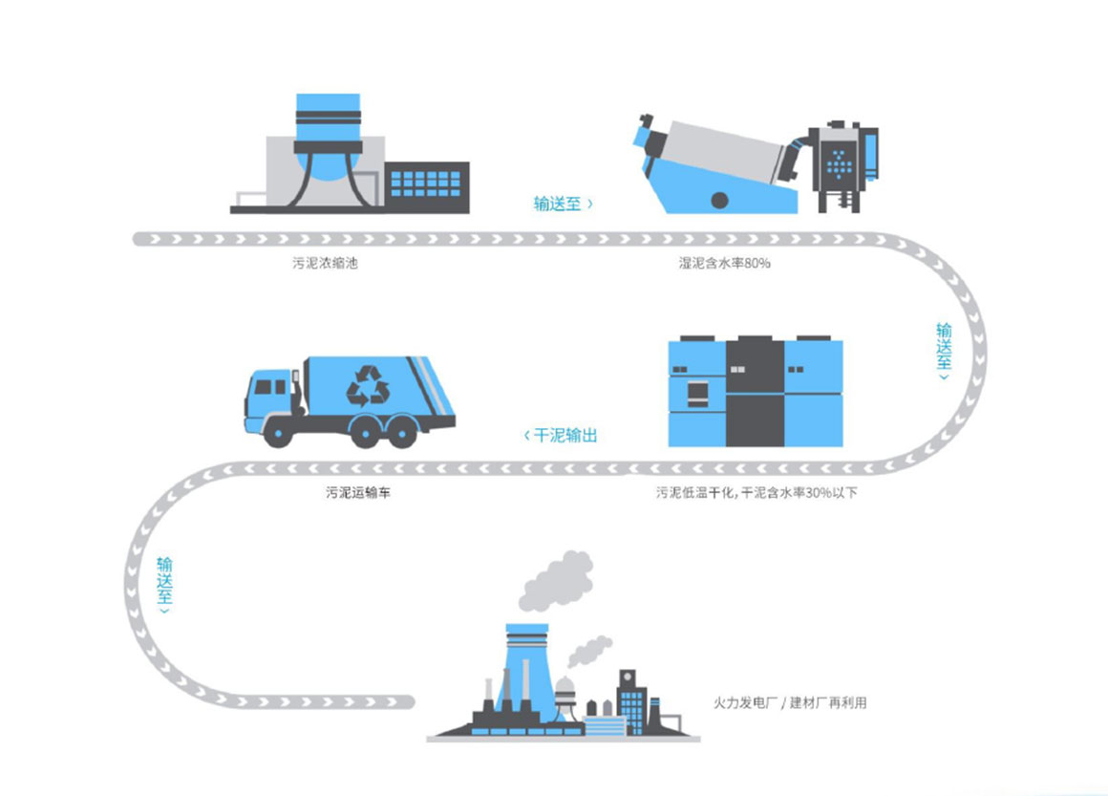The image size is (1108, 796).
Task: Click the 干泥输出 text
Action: point(563,435)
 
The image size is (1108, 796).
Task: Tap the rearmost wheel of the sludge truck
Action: point(400,432)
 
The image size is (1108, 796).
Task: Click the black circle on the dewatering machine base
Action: point(718,201)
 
